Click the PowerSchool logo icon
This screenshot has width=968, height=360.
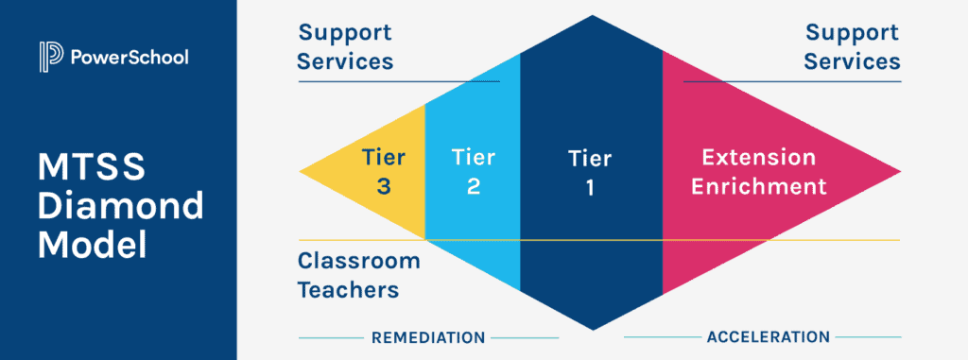click(50, 57)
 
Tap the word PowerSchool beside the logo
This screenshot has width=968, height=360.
click(130, 58)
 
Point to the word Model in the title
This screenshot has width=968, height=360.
click(93, 245)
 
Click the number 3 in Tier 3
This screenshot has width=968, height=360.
click(384, 186)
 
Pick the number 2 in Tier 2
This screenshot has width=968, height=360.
click(474, 186)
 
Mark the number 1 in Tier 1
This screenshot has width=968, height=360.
click(590, 187)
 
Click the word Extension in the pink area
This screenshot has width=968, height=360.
click(758, 157)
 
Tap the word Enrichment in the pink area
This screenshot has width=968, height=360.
click(758, 185)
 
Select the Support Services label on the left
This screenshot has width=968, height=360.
click(345, 47)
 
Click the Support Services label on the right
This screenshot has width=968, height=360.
click(853, 47)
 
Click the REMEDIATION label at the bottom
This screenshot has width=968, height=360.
click(428, 337)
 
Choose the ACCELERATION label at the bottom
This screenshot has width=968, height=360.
click(768, 336)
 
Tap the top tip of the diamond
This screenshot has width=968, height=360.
click(592, 18)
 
